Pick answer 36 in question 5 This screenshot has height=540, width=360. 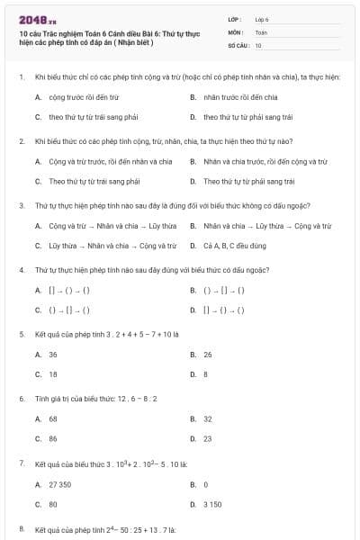(53, 355)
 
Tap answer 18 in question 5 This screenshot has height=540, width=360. (53, 374)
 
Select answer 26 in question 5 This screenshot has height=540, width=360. (208, 355)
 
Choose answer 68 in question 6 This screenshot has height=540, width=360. (53, 418)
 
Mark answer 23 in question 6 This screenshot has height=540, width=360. (208, 438)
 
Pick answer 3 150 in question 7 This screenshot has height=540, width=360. (212, 504)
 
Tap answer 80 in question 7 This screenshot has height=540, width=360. (53, 504)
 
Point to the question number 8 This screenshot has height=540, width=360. (21, 528)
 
